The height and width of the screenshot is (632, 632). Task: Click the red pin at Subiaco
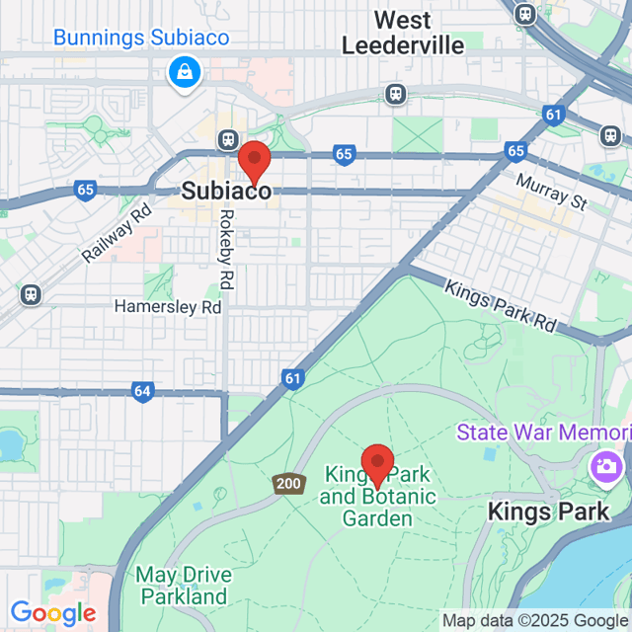tap(255, 161)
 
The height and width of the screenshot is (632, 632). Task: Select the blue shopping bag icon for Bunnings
tap(185, 72)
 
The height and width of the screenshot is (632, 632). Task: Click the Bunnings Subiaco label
tap(141, 39)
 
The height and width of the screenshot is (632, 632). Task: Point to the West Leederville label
tap(387, 33)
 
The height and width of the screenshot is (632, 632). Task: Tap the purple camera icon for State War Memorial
tap(604, 465)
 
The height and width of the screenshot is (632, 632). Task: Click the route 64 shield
tap(142, 392)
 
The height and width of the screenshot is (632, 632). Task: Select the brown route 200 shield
tap(287, 484)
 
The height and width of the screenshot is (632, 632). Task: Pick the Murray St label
tap(551, 193)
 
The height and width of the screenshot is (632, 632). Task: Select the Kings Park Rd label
tap(500, 306)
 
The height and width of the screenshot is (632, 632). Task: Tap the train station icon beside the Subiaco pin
tap(229, 141)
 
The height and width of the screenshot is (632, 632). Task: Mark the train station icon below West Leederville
tap(396, 94)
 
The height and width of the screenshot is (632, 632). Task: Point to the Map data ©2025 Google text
tap(535, 621)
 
